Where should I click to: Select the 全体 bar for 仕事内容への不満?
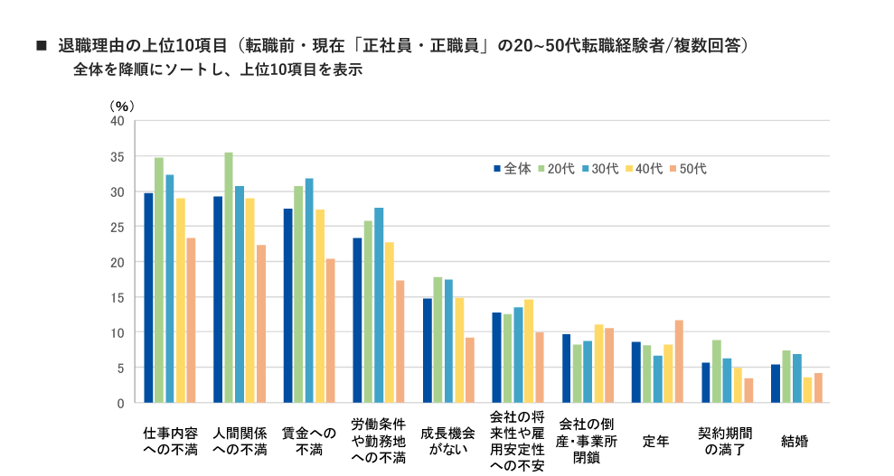click(x=148, y=298)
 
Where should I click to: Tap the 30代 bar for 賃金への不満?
click(x=309, y=290)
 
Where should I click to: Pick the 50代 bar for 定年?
click(x=679, y=361)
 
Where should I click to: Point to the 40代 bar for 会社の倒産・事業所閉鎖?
click(x=598, y=363)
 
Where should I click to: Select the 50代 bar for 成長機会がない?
click(x=470, y=370)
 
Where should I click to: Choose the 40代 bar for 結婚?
click(x=807, y=390)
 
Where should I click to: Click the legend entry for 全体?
click(x=513, y=169)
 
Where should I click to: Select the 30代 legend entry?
click(x=600, y=169)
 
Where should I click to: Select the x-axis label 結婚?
click(x=795, y=442)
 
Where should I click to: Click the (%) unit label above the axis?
click(x=121, y=104)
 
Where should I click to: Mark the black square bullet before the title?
click(x=40, y=44)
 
